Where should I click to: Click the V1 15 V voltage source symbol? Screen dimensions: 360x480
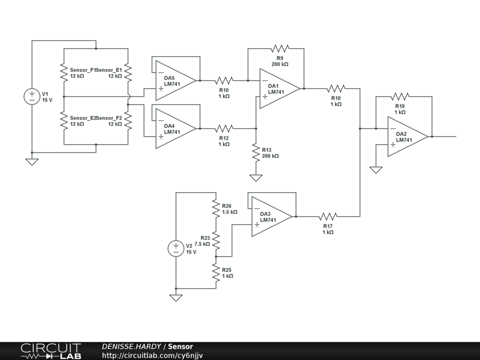[32, 97]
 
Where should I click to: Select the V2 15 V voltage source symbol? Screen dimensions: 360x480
[176, 248]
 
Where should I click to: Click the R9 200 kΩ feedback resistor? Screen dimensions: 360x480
[280, 48]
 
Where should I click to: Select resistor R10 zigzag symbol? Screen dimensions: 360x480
[224, 81]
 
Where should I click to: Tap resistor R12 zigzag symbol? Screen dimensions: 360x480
[224, 128]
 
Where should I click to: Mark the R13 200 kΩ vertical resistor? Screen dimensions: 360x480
[256, 152]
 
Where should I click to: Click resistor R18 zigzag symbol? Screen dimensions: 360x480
[336, 89]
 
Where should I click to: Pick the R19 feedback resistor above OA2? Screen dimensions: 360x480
[400, 97]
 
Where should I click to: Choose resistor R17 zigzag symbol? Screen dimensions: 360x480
[328, 217]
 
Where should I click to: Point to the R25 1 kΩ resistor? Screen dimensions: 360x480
[216, 272]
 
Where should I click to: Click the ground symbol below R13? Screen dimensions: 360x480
[256, 178]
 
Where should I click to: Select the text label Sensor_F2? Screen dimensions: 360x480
[109, 118]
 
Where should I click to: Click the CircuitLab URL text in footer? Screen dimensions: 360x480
[152, 356]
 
